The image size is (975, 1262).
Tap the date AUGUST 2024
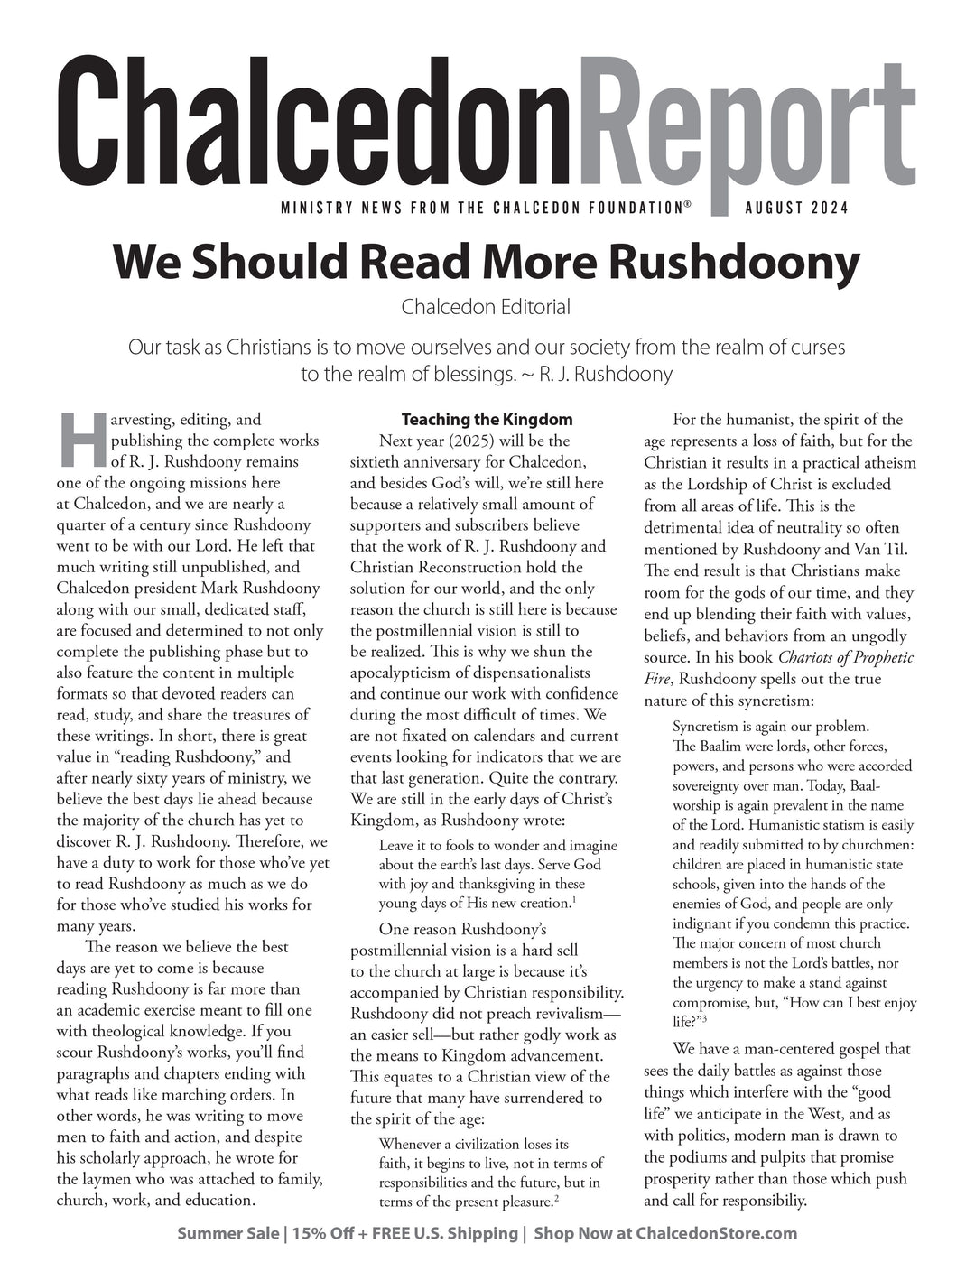pyautogui.click(x=796, y=209)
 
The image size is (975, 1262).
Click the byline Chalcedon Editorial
pyautogui.click(x=486, y=307)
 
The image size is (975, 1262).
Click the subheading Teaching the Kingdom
pyautogui.click(x=487, y=420)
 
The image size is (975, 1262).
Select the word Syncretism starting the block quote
pyautogui.click(x=710, y=726)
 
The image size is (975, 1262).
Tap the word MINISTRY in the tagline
pyautogui.click(x=315, y=209)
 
